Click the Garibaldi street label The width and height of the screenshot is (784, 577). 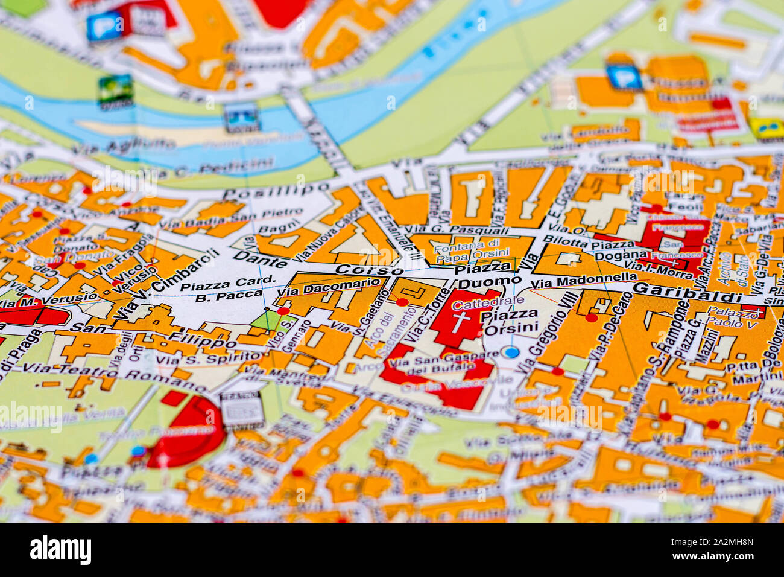pyautogui.click(x=687, y=292)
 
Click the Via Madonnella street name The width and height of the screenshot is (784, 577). pyautogui.click(x=584, y=281)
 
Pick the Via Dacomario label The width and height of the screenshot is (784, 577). pyautogui.click(x=329, y=288)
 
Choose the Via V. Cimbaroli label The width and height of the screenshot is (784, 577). pyautogui.click(x=166, y=284)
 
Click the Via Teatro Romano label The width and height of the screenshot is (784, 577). pyautogui.click(x=115, y=374)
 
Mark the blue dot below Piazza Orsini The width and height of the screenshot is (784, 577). pyautogui.click(x=511, y=352)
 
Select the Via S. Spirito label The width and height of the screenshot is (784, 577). pyautogui.click(x=191, y=358)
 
